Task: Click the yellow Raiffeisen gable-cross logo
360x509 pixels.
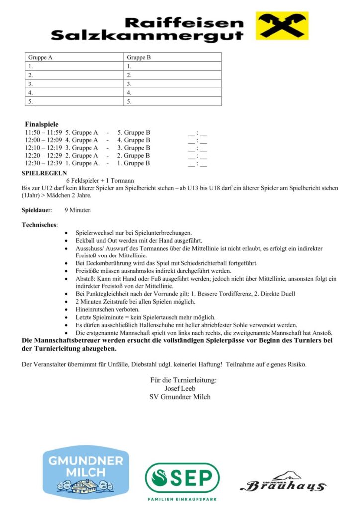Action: [x=282, y=26]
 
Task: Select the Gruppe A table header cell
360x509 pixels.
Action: [x=74, y=57]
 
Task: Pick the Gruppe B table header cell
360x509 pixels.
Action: [x=172, y=57]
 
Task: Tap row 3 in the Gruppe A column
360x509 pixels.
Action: [x=74, y=84]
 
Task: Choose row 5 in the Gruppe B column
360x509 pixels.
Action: [x=172, y=101]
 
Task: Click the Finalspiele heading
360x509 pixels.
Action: [x=42, y=124]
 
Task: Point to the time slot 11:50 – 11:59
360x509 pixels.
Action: [x=43, y=133]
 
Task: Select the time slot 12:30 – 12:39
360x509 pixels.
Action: [x=43, y=163]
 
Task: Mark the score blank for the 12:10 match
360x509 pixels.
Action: [x=197, y=148]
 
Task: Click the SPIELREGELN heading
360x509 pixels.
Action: [x=44, y=173]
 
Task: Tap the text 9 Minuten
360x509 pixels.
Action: [x=78, y=210]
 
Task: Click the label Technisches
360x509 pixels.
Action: [x=40, y=225]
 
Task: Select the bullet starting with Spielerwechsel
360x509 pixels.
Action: [x=133, y=233]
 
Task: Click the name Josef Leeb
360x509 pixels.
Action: [x=180, y=388]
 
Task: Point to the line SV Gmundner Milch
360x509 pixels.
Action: [x=180, y=396]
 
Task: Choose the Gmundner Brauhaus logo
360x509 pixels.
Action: [x=283, y=482]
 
